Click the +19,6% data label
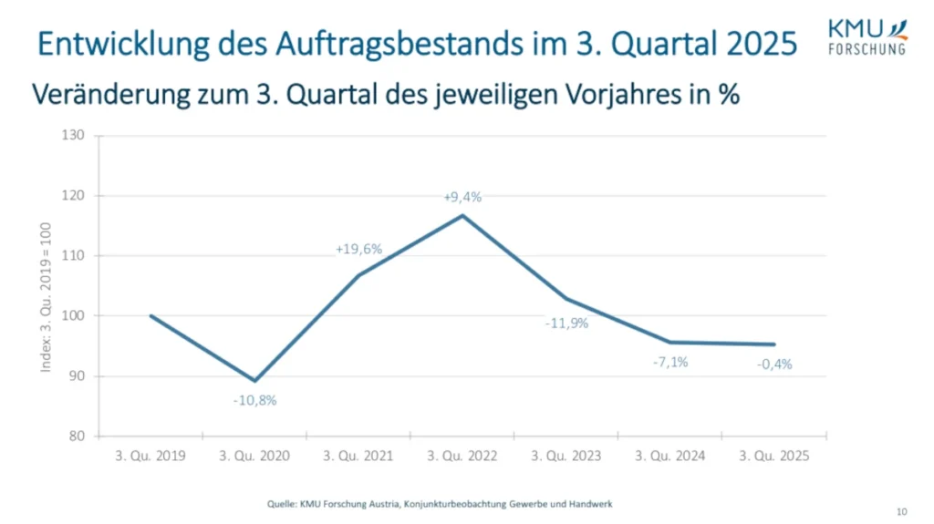pos(358,248)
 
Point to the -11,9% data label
pos(566,323)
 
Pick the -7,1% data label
pos(669,362)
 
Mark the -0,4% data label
pos(774,364)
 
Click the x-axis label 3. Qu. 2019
pos(150,456)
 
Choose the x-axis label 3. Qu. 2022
pos(462,456)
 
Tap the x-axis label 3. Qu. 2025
pos(774,456)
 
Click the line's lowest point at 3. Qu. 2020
pos(254,381)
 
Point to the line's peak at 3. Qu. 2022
pos(462,215)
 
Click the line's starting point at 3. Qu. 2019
pos(150,316)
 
